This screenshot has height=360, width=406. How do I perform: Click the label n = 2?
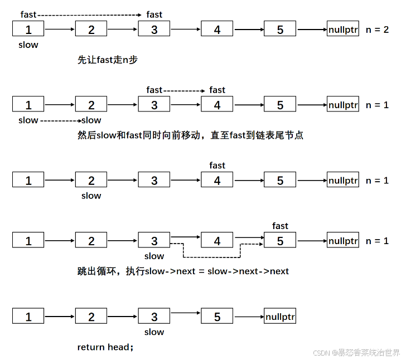[377, 30]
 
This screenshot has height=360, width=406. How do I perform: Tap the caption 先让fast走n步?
[108, 60]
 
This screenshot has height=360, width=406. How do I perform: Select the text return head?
[105, 347]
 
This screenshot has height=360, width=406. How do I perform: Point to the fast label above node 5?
[280, 226]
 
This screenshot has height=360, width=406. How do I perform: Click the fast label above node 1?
[28, 14]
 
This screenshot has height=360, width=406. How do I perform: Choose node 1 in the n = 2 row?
[28, 30]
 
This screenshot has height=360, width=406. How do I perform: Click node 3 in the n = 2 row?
[154, 30]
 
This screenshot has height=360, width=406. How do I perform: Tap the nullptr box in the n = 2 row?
[343, 30]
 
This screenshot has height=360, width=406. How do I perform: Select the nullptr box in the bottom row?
[281, 317]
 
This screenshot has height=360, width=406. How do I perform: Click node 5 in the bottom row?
[217, 317]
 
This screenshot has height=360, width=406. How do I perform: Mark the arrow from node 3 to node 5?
[185, 317]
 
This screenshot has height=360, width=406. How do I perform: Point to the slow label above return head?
[154, 332]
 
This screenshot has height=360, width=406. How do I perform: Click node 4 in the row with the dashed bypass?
[217, 241]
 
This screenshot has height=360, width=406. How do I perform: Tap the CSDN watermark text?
[356, 353]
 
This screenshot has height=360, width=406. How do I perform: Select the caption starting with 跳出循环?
[183, 271]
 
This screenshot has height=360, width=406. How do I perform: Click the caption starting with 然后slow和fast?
[190, 135]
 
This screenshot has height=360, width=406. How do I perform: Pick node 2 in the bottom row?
[91, 317]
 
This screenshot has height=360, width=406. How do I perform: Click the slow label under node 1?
[28, 45]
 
